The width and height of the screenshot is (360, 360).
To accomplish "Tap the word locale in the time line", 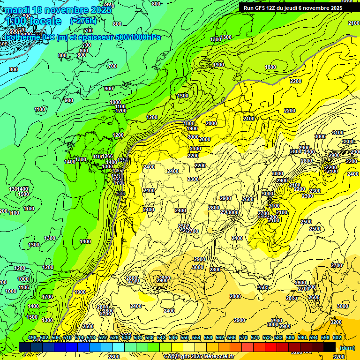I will coord(44,22).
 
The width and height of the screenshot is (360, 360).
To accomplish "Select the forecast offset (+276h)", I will coord(83,21).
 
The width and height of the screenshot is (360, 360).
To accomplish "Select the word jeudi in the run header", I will coord(294,8).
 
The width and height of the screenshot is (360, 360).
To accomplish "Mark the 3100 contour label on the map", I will coord(337,133).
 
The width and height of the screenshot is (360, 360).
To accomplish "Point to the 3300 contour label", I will coord(348,142).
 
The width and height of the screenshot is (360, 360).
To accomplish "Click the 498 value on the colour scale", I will coord(32,337).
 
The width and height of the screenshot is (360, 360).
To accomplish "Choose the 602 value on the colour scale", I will coord(337,337).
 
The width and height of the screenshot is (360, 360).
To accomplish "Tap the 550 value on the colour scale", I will coord(185,337).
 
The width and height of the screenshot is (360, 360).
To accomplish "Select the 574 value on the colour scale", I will coord(255,337).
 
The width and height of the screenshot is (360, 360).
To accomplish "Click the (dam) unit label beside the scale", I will coord(347,348).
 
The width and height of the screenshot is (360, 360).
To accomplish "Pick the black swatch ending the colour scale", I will coord(330,347).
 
